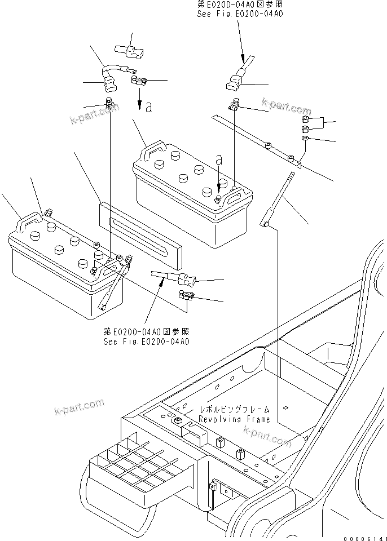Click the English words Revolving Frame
pos(234,419)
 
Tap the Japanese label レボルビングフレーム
pos(234,410)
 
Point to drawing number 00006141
pos(363,536)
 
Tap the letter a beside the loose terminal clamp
pos(148,107)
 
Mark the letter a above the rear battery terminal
pos(219,160)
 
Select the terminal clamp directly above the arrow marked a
pos(138,82)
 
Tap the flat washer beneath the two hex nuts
pos(305,139)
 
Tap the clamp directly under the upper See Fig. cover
pos(235,104)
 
